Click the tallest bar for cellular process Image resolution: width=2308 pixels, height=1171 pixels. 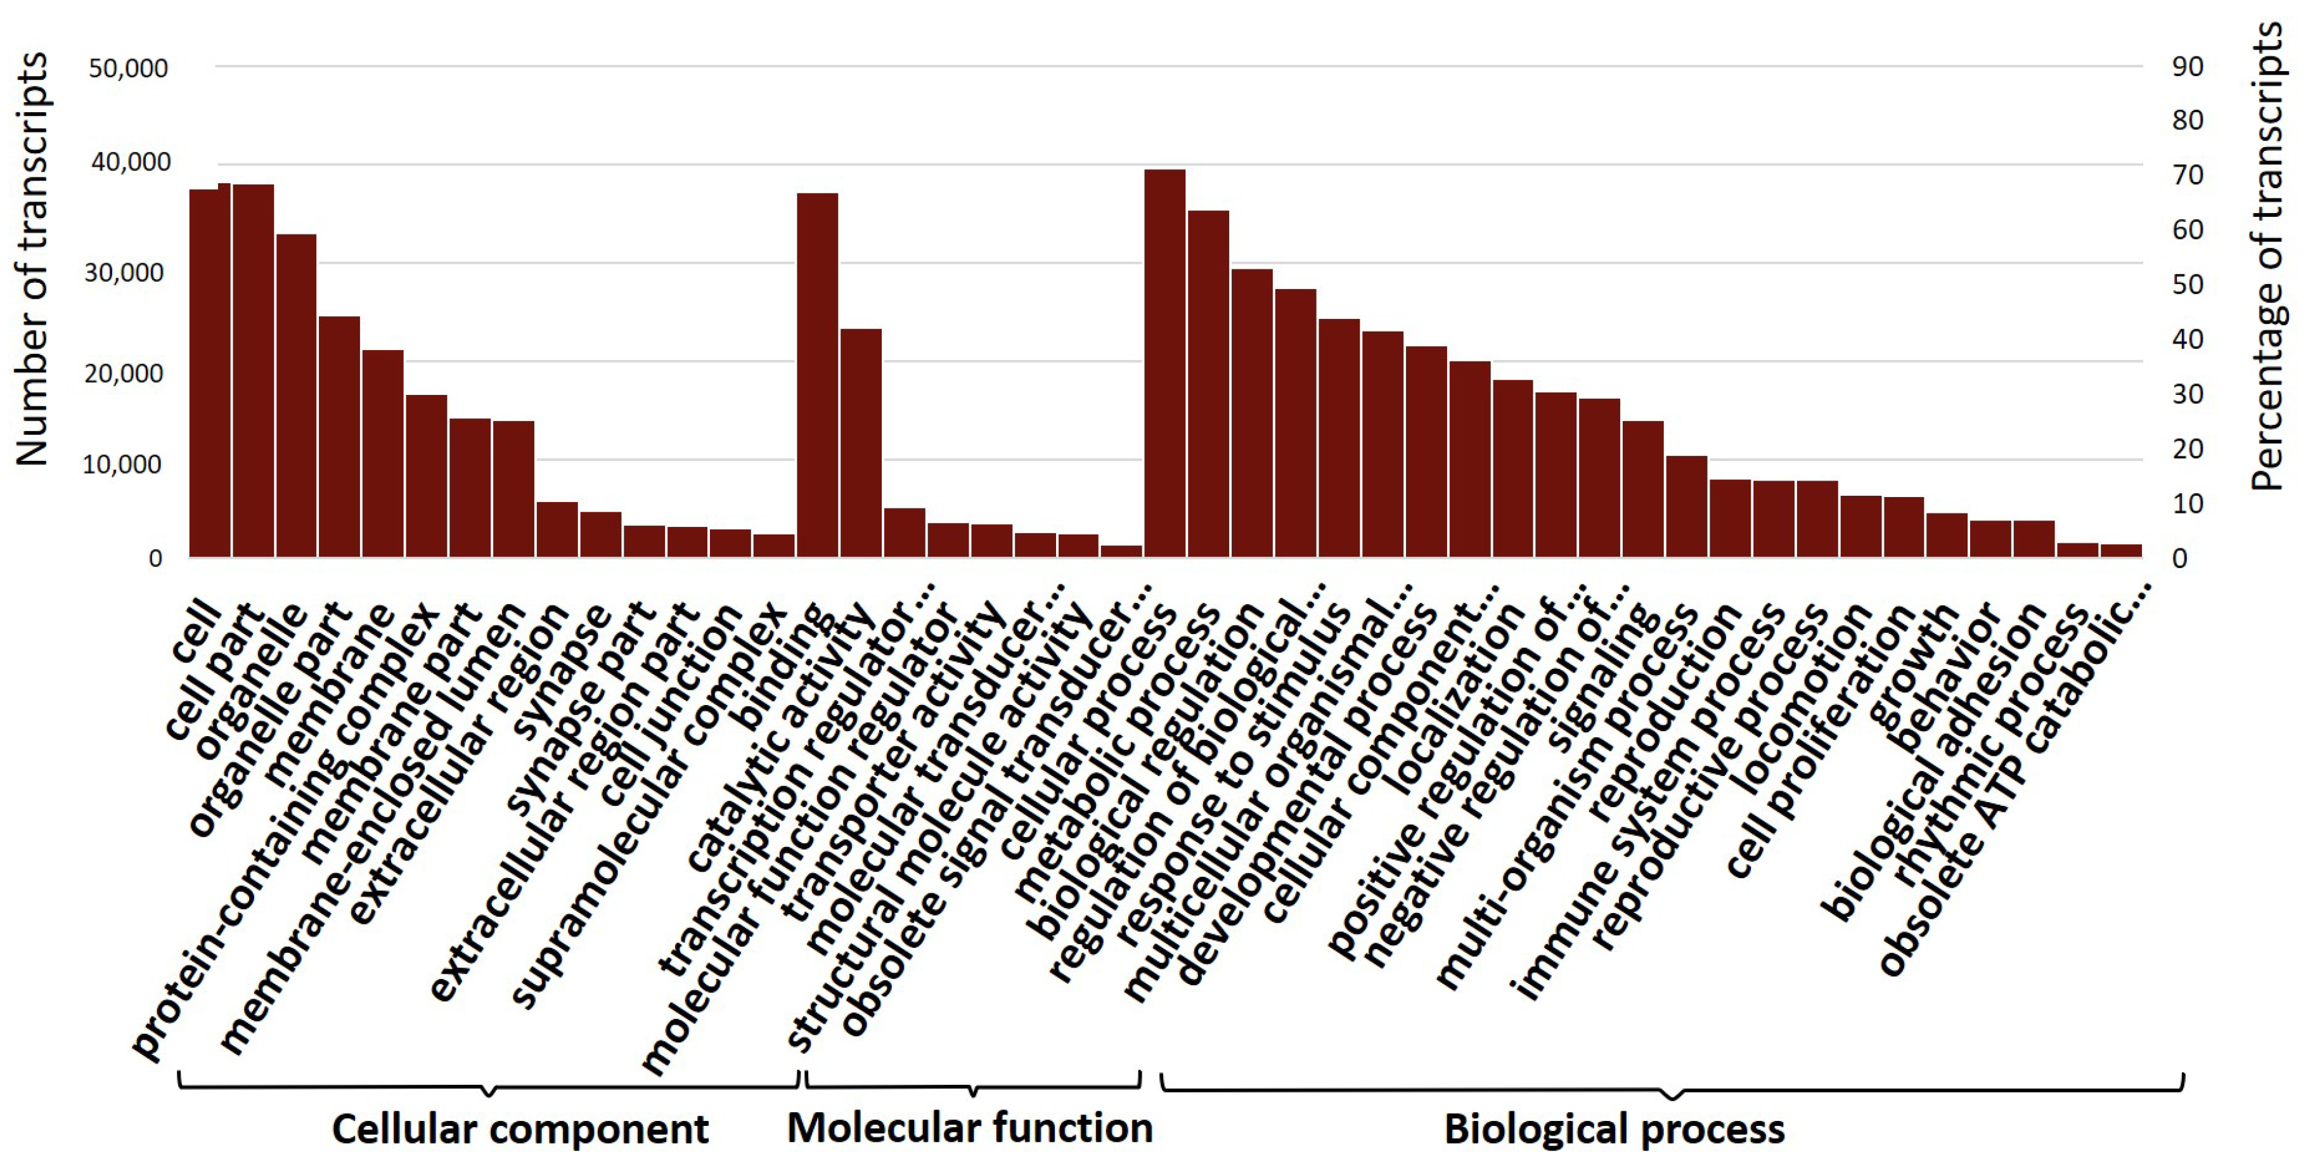coord(1164,363)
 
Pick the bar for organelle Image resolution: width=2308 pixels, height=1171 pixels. coord(295,395)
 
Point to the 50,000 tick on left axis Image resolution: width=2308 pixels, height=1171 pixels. coord(128,68)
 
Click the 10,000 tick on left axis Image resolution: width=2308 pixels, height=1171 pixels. coord(123,464)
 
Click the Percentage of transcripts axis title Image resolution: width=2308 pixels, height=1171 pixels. coord(2267,256)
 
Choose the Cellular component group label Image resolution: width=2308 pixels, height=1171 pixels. coord(520,1129)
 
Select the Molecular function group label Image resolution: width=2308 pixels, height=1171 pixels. coord(969,1127)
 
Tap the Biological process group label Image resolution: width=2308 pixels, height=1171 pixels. coord(1615,1129)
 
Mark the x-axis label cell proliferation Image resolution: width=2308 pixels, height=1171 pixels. coord(1819,744)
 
